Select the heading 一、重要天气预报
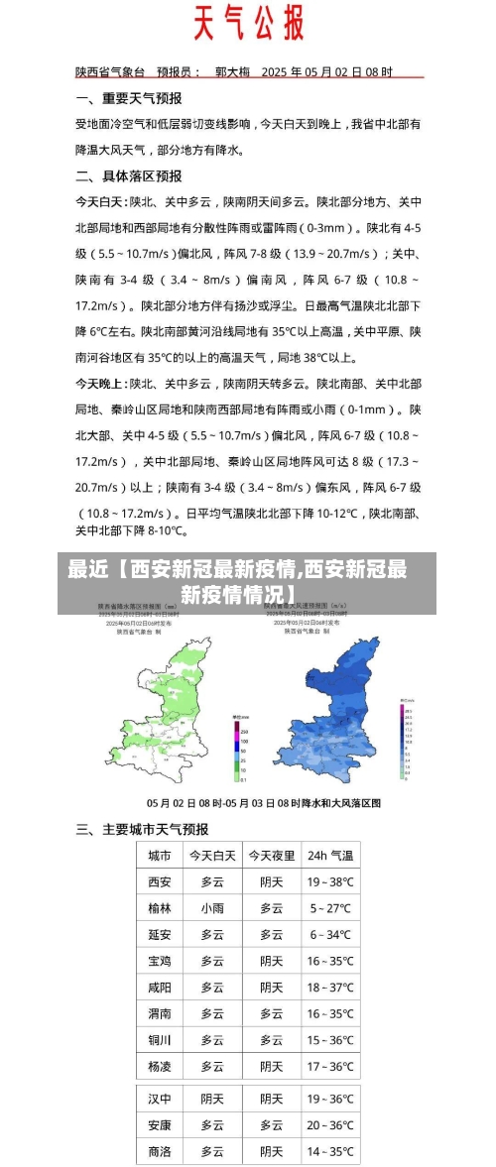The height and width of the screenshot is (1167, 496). [x=129, y=98]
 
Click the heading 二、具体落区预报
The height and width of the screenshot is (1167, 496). [x=129, y=175]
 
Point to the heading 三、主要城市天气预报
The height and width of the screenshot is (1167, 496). [x=142, y=829]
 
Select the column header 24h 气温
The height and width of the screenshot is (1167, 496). [x=329, y=855]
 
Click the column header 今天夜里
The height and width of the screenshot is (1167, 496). [x=271, y=855]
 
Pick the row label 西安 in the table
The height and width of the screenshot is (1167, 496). [x=160, y=881]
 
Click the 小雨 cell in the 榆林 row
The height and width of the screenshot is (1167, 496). [x=212, y=907]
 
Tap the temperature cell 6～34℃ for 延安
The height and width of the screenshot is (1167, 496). [x=329, y=934]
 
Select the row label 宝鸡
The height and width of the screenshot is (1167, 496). [x=160, y=961]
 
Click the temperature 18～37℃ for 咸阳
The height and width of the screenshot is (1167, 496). [x=329, y=987]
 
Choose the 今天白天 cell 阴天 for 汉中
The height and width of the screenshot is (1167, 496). [x=212, y=1099]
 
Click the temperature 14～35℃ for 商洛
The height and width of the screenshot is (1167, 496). [x=329, y=1151]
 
